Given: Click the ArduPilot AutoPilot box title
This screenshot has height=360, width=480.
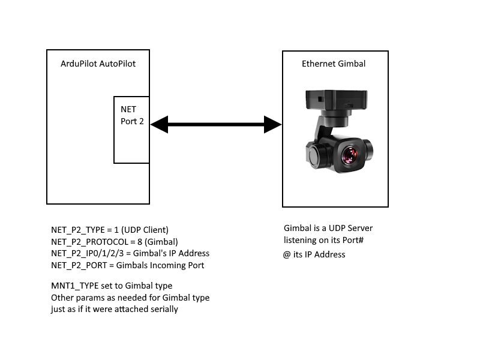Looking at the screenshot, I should coord(98,64).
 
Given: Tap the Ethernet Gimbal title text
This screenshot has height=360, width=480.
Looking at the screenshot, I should coord(334,64).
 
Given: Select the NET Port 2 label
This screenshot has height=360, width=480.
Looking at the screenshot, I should coord(133,115).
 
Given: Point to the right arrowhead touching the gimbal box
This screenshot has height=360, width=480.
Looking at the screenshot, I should coord(274,125).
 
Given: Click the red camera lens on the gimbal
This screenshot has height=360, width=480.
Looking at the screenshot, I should coord(349,155).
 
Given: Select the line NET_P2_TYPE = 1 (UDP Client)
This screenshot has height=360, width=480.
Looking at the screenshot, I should coord(110,230).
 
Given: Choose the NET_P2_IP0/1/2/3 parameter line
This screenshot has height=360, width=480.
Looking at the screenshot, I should coord(130,253).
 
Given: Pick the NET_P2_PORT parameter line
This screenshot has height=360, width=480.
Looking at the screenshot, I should coord(128,265).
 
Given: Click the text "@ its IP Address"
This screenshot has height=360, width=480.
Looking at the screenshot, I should coord(314,254).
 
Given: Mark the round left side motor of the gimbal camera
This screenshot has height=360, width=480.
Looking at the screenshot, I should coord(317,154).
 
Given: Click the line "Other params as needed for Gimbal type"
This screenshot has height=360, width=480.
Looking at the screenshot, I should coord(130,298).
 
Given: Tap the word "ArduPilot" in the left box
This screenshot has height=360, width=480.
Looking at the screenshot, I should coord(80,64).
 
